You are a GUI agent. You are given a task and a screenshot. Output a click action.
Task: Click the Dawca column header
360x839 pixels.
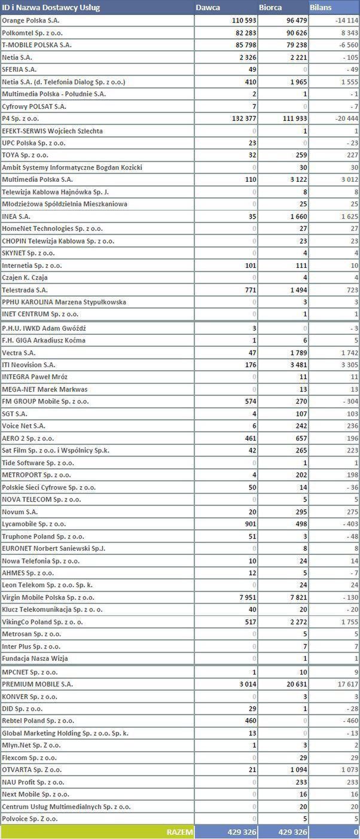(x=208, y=7)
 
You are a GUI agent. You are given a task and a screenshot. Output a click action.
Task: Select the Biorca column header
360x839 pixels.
(x=271, y=7)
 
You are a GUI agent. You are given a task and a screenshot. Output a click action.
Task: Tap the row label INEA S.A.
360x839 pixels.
(x=16, y=216)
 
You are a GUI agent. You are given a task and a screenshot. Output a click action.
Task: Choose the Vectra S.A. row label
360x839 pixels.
(x=19, y=353)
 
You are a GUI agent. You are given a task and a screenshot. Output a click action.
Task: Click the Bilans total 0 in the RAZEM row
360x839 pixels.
(x=356, y=832)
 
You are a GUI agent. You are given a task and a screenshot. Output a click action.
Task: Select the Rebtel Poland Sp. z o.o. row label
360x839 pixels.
(x=38, y=721)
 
